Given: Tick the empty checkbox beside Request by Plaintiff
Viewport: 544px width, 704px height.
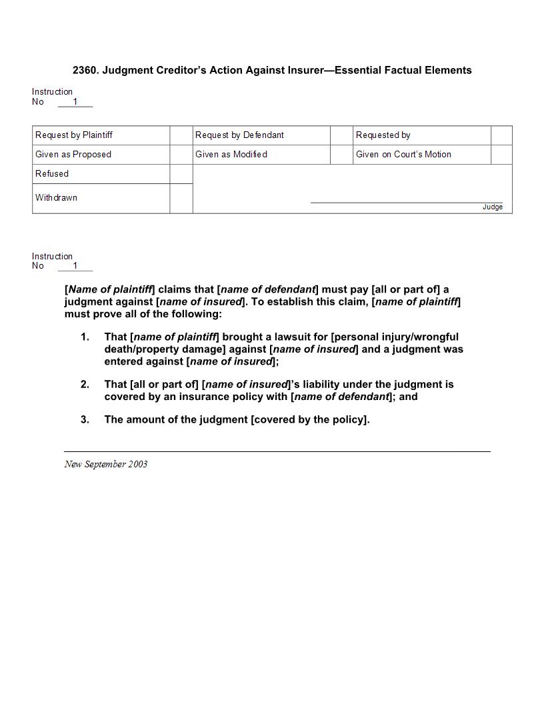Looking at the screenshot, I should point(181,135).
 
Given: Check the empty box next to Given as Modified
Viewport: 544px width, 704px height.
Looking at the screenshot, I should point(341,155).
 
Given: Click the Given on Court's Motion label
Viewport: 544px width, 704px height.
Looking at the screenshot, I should point(403,155).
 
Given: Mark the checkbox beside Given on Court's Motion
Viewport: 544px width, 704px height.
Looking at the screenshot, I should point(501,155).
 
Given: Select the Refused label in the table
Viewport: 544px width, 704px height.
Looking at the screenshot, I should point(52,174).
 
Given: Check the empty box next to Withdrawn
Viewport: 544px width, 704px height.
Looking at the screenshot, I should point(181,199).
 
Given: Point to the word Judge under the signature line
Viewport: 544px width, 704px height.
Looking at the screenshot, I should point(493,207).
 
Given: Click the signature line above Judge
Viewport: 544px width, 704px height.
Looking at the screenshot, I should point(407,202).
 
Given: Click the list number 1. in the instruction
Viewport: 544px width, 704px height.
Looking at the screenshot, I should point(85,337).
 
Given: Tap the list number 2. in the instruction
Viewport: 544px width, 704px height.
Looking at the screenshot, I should point(85,385).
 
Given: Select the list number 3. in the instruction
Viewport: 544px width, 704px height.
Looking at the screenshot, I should point(85,420).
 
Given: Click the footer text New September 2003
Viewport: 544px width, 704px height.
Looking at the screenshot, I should point(106,464).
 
